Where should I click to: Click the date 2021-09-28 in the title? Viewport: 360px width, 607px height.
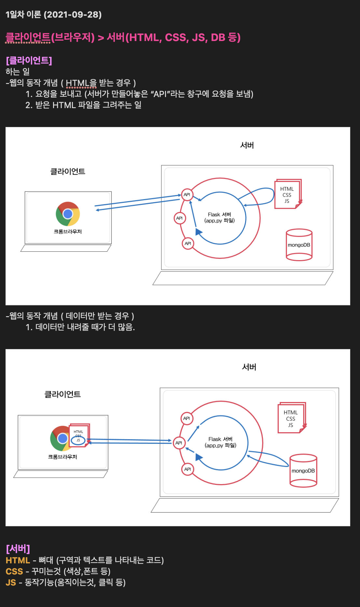click(73, 15)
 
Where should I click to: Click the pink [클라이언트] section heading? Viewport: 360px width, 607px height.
click(29, 60)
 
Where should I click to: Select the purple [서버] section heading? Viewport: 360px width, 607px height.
click(18, 549)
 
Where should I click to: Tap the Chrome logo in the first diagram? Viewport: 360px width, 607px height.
click(68, 214)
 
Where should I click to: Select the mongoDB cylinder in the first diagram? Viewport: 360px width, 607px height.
click(299, 245)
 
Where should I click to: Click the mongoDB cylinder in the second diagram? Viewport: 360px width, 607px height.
click(303, 471)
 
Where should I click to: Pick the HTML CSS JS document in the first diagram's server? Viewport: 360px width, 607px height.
click(287, 194)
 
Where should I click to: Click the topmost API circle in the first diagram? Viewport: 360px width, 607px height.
click(187, 195)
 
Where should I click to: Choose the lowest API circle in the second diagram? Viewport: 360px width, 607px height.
click(187, 469)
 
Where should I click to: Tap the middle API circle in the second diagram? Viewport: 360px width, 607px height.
click(179, 443)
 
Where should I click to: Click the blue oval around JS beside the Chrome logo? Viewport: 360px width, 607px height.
click(78, 440)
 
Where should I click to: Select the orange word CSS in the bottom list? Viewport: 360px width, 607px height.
click(14, 572)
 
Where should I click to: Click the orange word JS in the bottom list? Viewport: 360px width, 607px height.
click(11, 583)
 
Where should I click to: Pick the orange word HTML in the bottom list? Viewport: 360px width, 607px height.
click(18, 560)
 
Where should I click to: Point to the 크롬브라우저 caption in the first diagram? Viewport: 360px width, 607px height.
click(68, 232)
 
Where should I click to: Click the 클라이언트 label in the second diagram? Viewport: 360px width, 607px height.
click(62, 394)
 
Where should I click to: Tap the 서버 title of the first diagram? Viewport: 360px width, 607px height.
click(247, 145)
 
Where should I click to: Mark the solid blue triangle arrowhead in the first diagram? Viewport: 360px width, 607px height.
click(199, 232)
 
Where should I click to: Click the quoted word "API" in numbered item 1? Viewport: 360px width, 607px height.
click(160, 94)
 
